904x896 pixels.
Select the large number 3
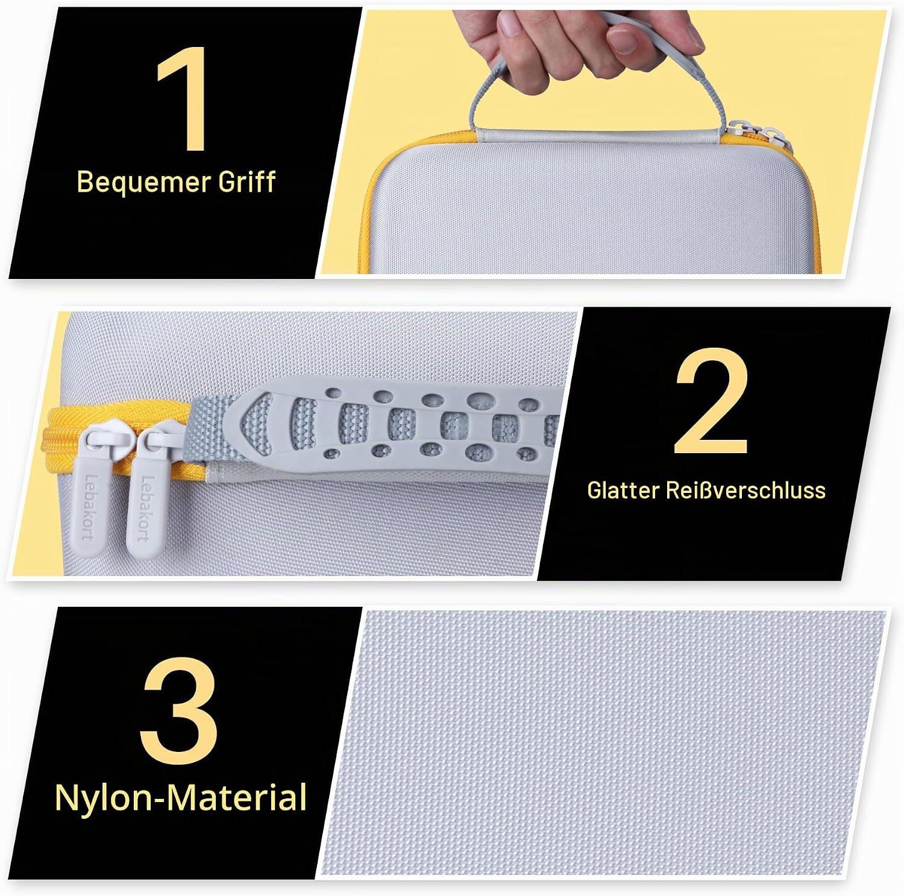point(179,711)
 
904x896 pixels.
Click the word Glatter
point(623,490)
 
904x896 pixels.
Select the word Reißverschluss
point(745,490)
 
